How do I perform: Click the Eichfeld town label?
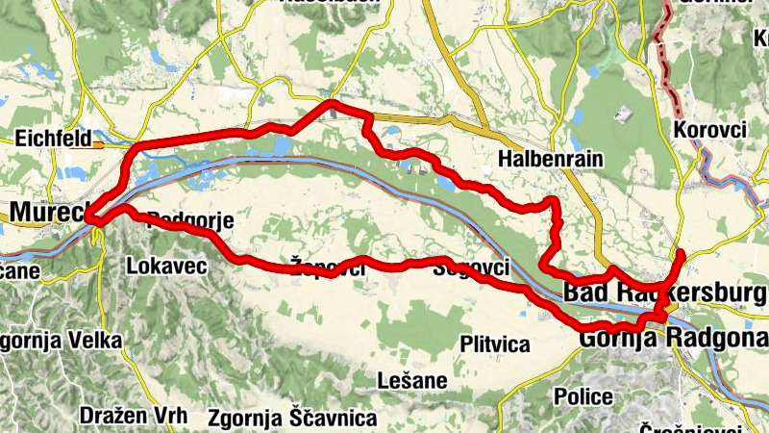tap(54, 140)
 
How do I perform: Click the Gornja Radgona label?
tap(673, 338)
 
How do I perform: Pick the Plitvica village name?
tap(495, 344)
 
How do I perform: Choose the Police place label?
tap(583, 396)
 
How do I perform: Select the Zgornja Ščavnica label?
tap(293, 419)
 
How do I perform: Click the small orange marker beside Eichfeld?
tap(98, 145)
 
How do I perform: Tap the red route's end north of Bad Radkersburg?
tap(681, 253)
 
